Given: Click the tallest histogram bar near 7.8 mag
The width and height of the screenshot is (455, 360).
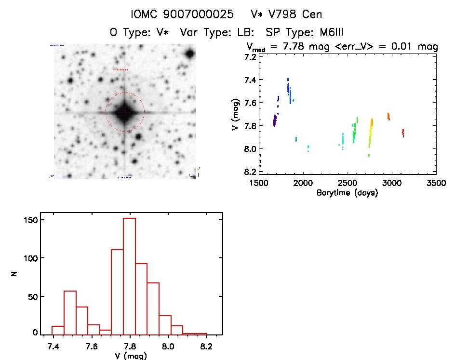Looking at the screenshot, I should (x=130, y=276).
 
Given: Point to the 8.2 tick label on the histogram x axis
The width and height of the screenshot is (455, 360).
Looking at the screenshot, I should (x=206, y=347).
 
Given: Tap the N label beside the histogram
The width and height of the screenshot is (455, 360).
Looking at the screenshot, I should (x=15, y=276).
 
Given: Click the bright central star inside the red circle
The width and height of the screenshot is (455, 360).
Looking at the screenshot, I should (x=125, y=112).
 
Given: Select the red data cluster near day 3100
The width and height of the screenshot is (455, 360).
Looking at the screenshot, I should (x=403, y=133).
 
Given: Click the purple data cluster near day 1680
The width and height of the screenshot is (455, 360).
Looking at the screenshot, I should (x=275, y=120).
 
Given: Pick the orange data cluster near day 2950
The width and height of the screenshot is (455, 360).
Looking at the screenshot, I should (x=388, y=116).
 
